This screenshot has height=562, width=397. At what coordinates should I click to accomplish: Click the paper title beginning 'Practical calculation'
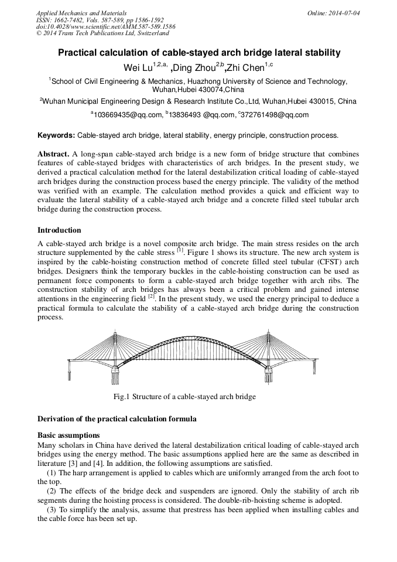(198, 53)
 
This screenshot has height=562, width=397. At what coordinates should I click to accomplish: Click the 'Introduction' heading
(59, 230)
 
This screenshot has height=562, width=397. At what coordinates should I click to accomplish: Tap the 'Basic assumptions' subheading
(68, 435)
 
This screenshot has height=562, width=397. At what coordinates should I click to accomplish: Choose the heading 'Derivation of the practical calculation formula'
(117, 419)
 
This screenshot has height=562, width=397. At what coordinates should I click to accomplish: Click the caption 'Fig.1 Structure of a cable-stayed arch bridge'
(184, 397)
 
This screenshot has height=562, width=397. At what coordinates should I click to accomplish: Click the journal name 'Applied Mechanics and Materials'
(81, 12)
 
